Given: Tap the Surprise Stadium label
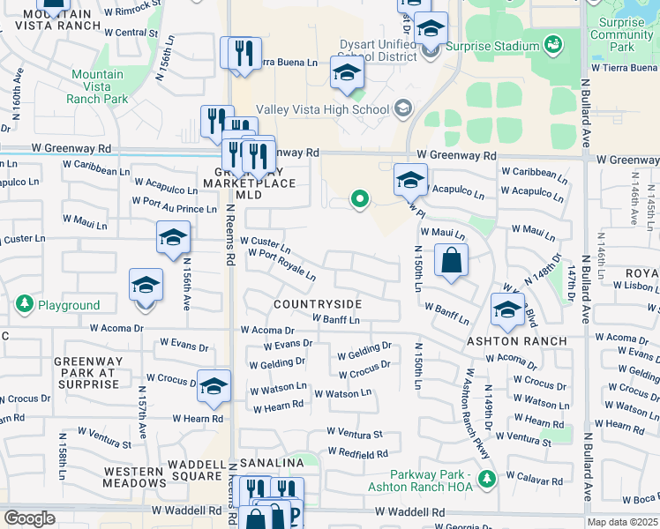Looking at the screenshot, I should (492, 46).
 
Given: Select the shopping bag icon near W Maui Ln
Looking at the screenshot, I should (451, 261).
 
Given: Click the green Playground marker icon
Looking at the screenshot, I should (23, 305).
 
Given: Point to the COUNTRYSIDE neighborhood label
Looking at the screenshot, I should (318, 304).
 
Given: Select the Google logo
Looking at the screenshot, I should (30, 518).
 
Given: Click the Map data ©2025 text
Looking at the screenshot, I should (623, 522).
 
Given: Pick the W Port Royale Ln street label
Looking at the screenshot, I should (282, 264).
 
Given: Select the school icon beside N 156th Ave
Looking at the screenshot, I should (173, 237).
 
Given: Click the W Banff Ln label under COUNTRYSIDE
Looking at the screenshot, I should (336, 319).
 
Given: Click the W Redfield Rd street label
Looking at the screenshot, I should (357, 453).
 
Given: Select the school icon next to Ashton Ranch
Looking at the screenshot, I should (507, 309).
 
